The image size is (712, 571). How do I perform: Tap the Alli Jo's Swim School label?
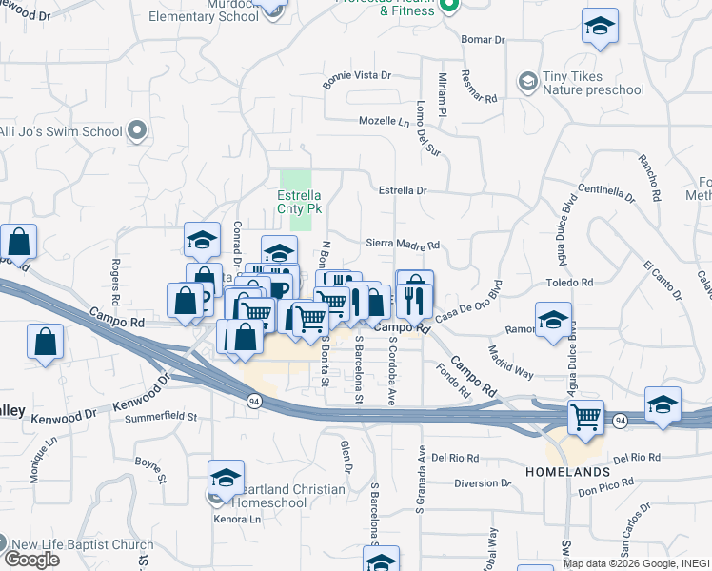click(x=62, y=131)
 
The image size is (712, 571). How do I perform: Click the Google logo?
click(x=31, y=559)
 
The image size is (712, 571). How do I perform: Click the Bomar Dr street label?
click(x=483, y=40)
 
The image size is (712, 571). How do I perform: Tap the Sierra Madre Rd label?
click(x=403, y=245)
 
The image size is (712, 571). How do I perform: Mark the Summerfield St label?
click(x=167, y=417)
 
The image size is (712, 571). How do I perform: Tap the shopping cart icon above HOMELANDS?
click(x=585, y=416)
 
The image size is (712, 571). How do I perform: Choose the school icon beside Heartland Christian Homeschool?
click(x=226, y=477)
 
